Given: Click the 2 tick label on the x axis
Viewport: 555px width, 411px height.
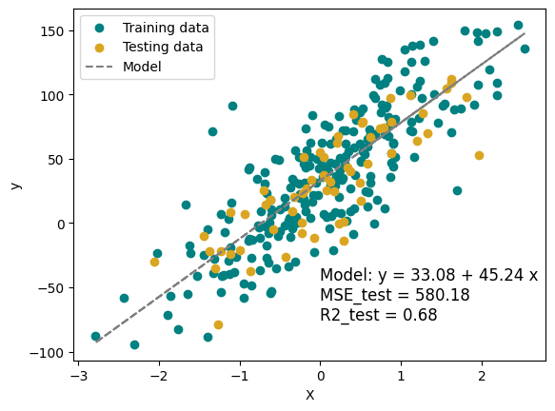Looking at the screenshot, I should point(482,377).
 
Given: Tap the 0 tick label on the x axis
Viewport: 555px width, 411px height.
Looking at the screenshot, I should point(320,377).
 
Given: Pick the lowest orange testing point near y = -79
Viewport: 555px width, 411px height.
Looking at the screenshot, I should point(218,324).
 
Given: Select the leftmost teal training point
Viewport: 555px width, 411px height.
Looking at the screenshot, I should point(95,336).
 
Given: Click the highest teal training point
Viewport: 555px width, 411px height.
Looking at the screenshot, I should point(518,26).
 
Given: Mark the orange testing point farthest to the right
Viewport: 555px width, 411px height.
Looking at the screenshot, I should point(479,155).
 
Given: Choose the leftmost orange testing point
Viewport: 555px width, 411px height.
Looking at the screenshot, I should point(154,262).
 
